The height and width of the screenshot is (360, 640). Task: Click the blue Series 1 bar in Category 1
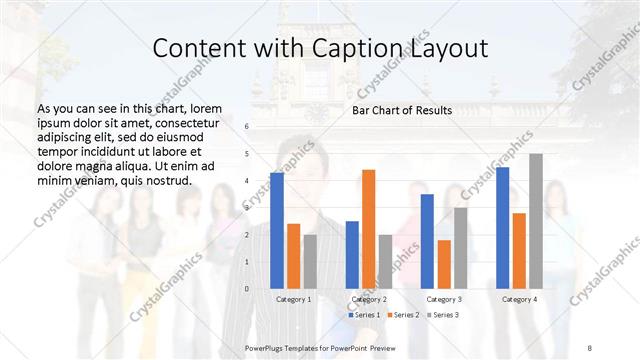point(277,230)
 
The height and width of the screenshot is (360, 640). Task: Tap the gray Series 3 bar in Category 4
point(535,221)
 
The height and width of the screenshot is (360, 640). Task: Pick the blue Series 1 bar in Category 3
point(427,241)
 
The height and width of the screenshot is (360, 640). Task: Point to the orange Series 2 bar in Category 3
point(443,264)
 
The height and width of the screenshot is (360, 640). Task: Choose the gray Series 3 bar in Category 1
point(309,261)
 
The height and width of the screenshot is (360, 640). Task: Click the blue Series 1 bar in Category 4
point(502,227)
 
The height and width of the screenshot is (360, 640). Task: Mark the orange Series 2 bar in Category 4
point(519,250)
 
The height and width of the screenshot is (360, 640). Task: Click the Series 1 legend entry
point(365,315)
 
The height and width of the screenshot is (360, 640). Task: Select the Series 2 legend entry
point(404,315)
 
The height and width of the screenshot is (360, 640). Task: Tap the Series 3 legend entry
point(443,315)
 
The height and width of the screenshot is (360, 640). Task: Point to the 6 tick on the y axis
point(247,127)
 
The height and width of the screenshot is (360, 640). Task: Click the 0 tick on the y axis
point(247,289)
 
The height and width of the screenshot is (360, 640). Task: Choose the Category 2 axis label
point(369,299)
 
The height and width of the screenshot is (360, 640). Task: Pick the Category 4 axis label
point(519,299)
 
